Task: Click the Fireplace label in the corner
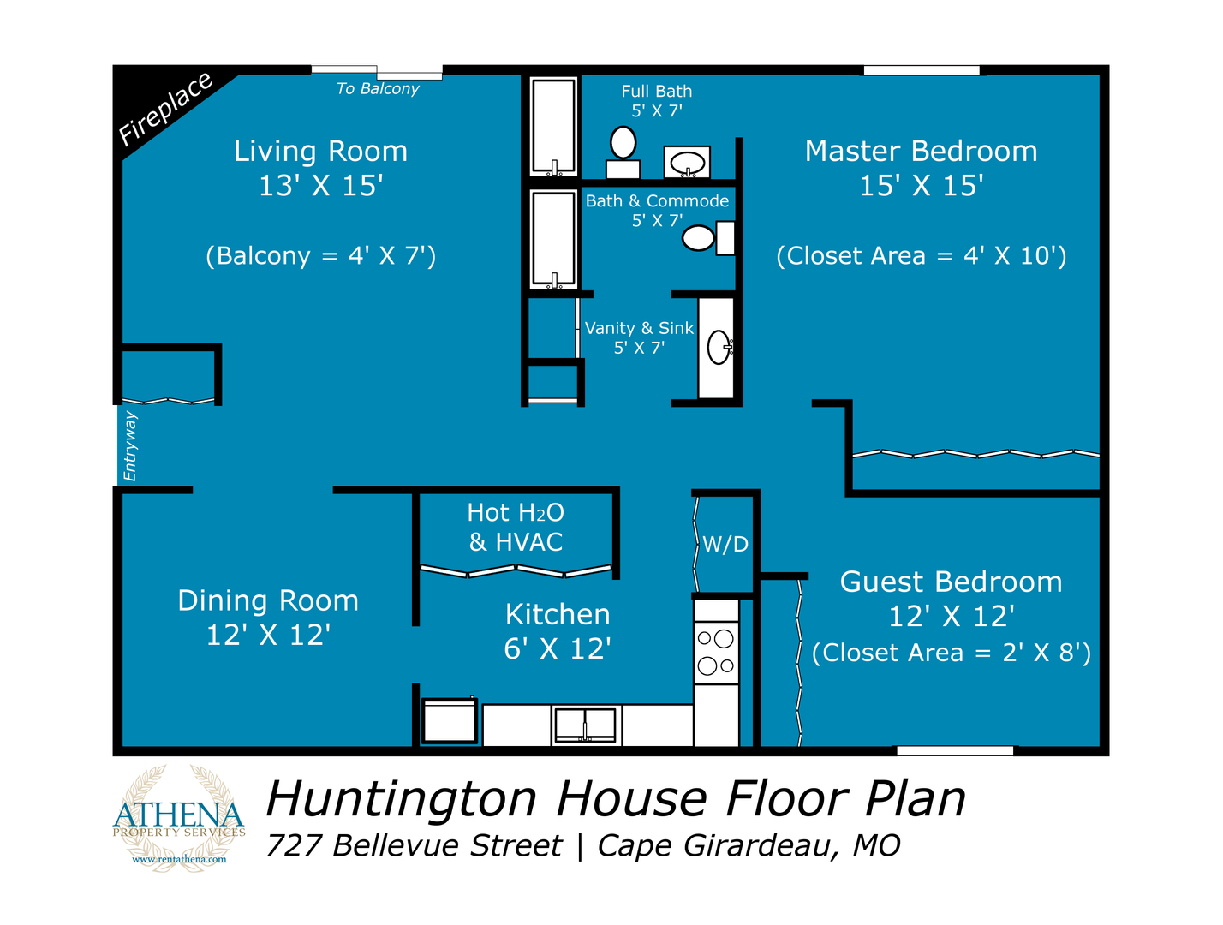coord(165,109)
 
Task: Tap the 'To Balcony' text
coord(377,88)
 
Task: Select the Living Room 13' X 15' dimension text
coord(321,186)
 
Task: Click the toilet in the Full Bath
coord(623,152)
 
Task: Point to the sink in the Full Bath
coord(687,162)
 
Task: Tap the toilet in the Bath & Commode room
coord(708,238)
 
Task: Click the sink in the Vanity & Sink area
coord(719,347)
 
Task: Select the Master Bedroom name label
coord(921,151)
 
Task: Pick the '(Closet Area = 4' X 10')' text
coord(921,256)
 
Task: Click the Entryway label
coord(129,445)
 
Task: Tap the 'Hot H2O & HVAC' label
coord(516,527)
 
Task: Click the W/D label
coord(725,544)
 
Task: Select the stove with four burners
coord(716,652)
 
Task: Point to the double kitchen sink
coord(586,725)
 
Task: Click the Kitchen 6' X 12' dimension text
coord(558,648)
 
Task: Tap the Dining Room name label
coord(268,600)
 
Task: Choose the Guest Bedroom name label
coord(952,582)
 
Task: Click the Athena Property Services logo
coord(178,818)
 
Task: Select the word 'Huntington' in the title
coord(401,799)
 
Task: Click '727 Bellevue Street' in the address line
coord(414,846)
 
